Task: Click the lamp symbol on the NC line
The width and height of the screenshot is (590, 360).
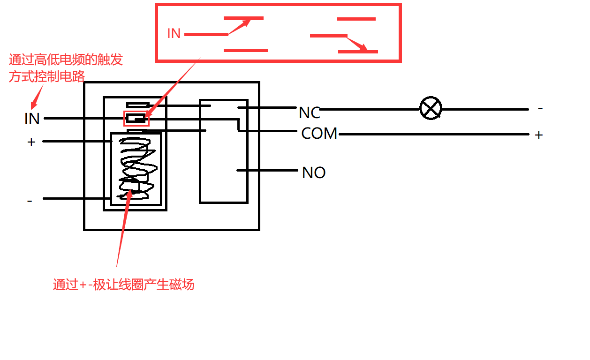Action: [x=430, y=109]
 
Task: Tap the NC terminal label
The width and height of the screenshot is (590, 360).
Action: [x=309, y=112]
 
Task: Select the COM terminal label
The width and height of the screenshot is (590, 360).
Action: [x=319, y=134]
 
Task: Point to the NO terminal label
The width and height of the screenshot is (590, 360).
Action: [x=314, y=172]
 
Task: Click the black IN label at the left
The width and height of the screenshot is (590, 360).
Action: [x=32, y=119]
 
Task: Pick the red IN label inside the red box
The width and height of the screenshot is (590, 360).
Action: [x=174, y=34]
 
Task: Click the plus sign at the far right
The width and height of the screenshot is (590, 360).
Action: [x=539, y=135]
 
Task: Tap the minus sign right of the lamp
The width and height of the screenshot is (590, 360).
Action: [x=540, y=108]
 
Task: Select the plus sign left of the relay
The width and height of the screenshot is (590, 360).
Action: [x=31, y=142]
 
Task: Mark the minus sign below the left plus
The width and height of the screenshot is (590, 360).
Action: [x=30, y=201]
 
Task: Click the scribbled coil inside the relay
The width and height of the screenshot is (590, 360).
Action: [x=136, y=169]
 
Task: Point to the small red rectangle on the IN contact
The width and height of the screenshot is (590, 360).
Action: [x=136, y=119]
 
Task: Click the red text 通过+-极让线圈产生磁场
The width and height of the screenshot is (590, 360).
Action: [x=123, y=285]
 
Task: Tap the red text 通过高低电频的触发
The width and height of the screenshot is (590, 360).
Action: [x=66, y=60]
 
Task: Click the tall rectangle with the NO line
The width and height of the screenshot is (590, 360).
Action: [x=224, y=151]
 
